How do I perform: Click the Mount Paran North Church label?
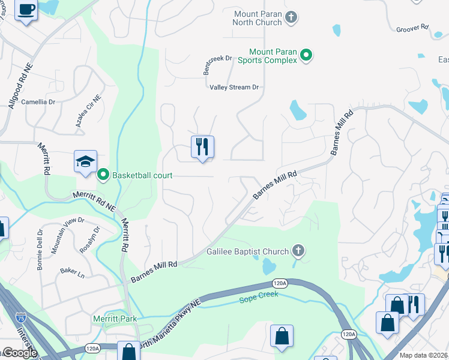258,17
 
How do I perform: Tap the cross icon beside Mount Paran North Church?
291,17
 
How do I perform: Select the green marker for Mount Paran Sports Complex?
306,56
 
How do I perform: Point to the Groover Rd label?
412,28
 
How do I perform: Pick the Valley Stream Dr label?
234,87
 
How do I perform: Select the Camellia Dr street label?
38,102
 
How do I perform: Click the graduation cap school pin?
85,161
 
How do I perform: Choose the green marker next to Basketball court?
103,175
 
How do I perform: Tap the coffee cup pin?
26,10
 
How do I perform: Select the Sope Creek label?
259,296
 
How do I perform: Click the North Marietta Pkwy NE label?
167,331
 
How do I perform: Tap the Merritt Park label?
114,319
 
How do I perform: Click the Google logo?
19,353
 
